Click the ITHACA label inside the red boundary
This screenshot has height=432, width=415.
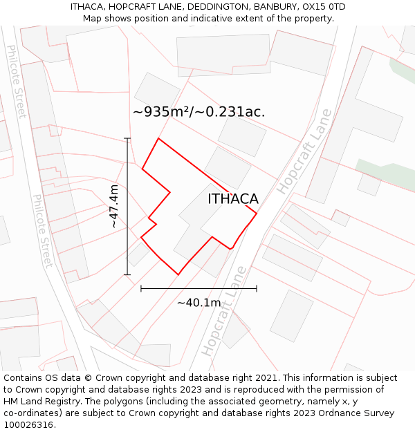[233, 199]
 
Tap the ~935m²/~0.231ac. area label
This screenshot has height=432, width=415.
[199, 111]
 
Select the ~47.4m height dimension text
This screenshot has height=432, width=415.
[114, 207]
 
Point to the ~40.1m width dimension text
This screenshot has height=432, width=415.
[199, 303]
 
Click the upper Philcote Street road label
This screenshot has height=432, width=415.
[17, 81]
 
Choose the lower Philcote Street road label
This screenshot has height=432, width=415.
[42, 231]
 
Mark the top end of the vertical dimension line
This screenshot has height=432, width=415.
[127, 138]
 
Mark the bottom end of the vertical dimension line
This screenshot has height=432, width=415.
[127, 275]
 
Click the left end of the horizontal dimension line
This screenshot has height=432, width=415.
[141, 288]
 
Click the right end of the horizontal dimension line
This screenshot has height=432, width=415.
[257, 288]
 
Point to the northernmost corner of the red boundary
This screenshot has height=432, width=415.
[159, 138]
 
